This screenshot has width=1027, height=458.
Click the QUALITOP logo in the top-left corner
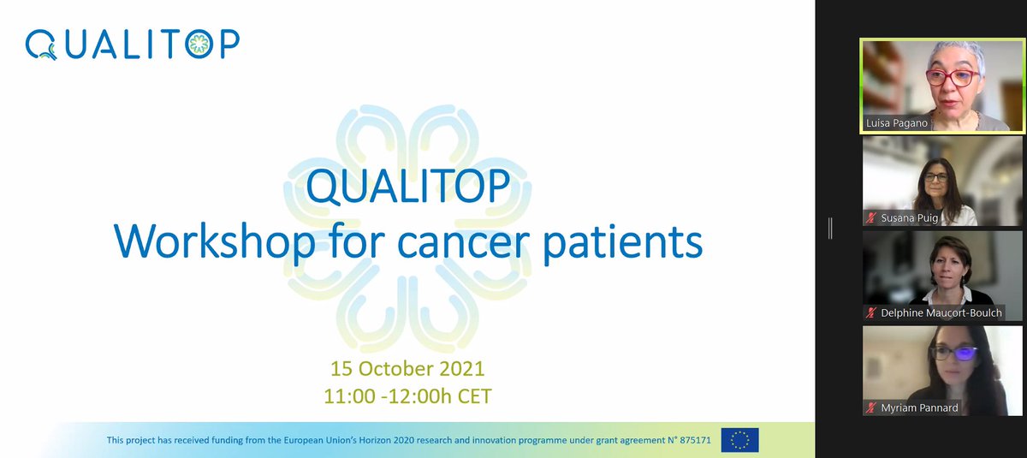click(x=133, y=45)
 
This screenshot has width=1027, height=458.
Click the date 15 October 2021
click(x=407, y=370)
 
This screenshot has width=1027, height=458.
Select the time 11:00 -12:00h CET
click(x=407, y=396)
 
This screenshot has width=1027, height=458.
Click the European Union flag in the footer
click(x=739, y=440)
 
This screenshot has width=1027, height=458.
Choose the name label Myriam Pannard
click(x=919, y=408)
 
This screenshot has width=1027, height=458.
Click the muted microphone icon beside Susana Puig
click(x=871, y=218)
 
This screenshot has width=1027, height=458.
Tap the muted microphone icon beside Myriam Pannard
click(x=871, y=408)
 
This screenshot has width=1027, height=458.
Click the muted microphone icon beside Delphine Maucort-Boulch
click(x=871, y=313)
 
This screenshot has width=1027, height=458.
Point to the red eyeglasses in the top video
click(x=951, y=78)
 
